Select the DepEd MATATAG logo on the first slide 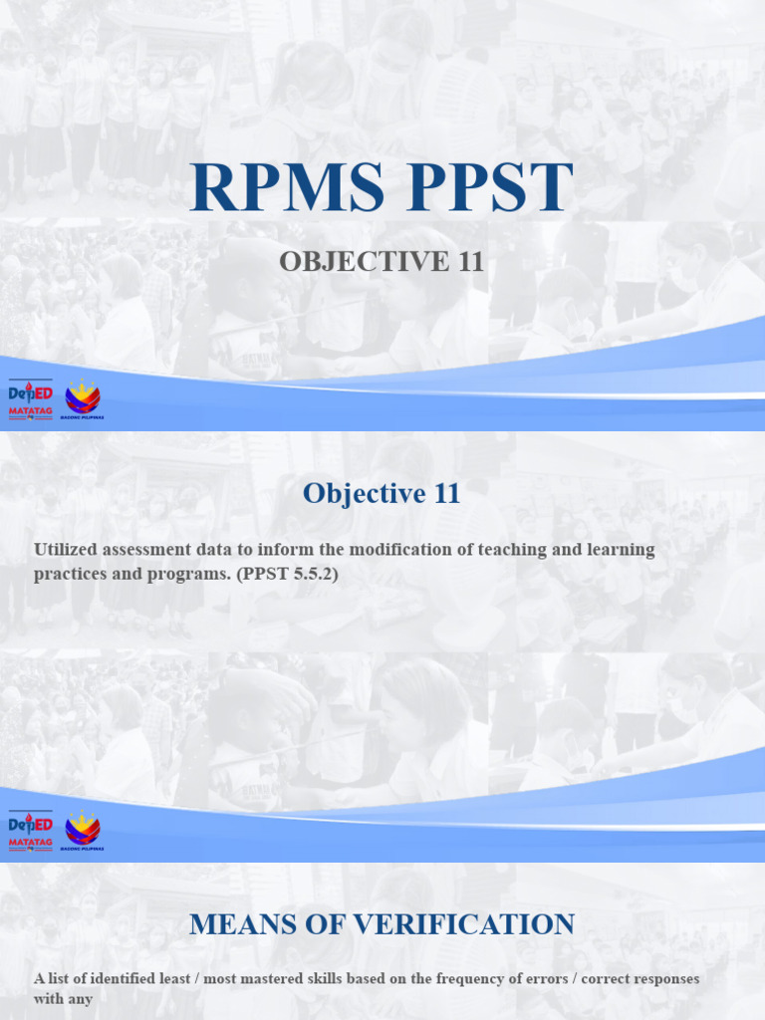[30, 399]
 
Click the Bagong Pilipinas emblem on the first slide [83, 399]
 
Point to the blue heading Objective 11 [382, 493]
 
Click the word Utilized [68, 549]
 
